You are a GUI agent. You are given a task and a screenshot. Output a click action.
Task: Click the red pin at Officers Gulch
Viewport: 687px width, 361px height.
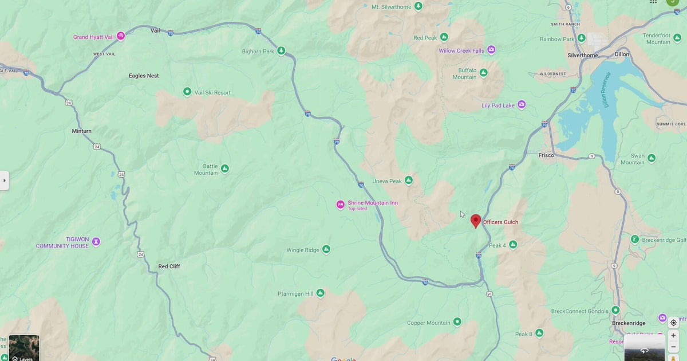(475, 221)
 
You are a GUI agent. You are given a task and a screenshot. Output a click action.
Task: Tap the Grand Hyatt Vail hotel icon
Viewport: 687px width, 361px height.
(121, 36)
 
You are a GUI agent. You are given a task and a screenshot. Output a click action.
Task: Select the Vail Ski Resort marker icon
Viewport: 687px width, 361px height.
(187, 92)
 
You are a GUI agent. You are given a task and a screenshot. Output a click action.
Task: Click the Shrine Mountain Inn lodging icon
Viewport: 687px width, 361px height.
(340, 205)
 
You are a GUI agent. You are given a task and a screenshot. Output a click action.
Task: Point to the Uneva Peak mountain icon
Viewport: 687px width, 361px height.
(408, 180)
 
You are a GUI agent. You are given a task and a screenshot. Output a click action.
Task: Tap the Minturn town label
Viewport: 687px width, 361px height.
(81, 131)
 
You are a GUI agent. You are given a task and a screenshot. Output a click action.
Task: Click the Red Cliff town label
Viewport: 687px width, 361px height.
(169, 266)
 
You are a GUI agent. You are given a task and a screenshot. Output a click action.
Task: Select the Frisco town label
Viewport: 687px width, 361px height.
(546, 155)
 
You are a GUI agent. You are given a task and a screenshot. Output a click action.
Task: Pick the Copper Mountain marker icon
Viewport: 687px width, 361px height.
(457, 322)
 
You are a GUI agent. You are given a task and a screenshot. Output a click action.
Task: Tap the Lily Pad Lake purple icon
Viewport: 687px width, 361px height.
(522, 105)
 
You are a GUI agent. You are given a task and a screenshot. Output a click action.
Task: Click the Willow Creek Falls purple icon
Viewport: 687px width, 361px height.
(491, 50)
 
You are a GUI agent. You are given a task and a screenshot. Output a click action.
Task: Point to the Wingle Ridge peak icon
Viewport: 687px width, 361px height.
(326, 249)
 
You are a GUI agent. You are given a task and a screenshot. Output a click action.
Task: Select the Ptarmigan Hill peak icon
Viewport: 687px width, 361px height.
(320, 293)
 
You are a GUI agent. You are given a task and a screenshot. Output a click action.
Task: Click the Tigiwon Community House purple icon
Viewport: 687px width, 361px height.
(96, 242)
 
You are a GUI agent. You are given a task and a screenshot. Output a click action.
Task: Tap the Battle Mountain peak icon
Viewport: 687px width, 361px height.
(224, 168)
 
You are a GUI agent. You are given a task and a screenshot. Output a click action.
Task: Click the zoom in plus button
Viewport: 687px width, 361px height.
(673, 336)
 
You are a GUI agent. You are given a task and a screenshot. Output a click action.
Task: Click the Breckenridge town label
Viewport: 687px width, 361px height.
(629, 323)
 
